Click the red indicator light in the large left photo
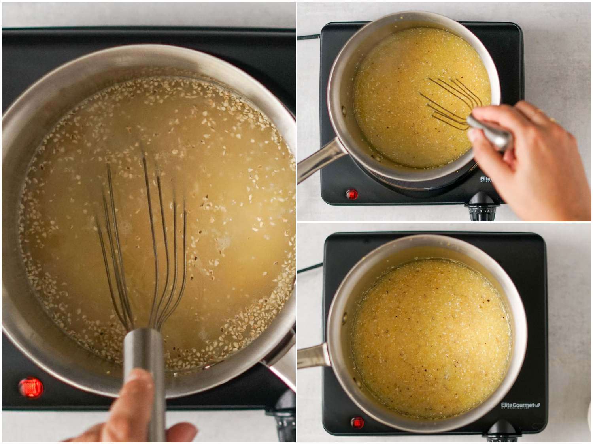pos(31,387)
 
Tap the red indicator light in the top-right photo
pos(351,195)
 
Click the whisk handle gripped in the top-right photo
pos(490,130)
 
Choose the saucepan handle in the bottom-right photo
pos(312,355)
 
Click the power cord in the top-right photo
pos(308,37)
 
